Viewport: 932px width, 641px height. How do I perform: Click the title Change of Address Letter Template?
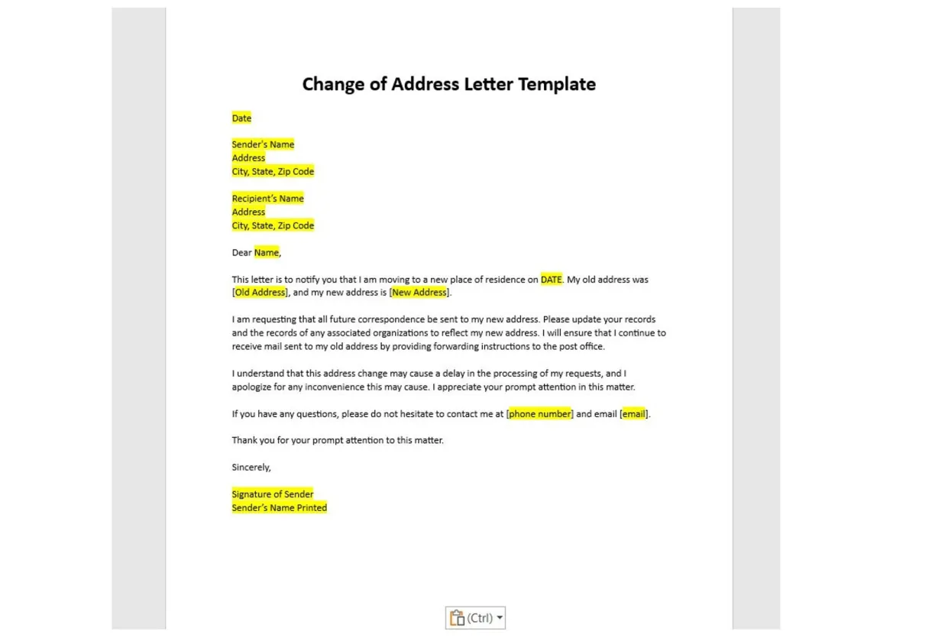click(448, 84)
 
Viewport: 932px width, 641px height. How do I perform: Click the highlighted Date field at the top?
click(241, 118)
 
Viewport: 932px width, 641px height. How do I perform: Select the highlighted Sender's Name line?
click(263, 144)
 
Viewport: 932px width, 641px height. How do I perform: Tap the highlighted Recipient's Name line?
click(267, 199)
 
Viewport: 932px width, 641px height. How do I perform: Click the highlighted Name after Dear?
click(267, 253)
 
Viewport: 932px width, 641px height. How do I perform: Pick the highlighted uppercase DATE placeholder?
click(551, 280)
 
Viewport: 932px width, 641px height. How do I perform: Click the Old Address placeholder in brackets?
click(260, 293)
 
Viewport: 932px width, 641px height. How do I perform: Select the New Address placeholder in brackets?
click(419, 293)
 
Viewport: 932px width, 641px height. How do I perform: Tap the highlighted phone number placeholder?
click(539, 414)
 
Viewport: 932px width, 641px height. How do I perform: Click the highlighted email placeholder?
click(633, 414)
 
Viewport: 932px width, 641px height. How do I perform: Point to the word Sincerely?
click(251, 468)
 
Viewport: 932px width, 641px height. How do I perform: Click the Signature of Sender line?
click(273, 494)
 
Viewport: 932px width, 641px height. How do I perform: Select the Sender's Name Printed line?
click(279, 508)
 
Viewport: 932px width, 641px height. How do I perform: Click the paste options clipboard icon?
click(457, 618)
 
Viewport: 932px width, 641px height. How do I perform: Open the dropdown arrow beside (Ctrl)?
click(500, 618)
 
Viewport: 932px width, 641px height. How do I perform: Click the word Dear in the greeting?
click(242, 253)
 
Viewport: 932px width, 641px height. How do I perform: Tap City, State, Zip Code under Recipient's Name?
click(273, 226)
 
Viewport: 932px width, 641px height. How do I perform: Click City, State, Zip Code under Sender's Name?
click(273, 172)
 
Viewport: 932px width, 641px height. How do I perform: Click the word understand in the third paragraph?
click(260, 374)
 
